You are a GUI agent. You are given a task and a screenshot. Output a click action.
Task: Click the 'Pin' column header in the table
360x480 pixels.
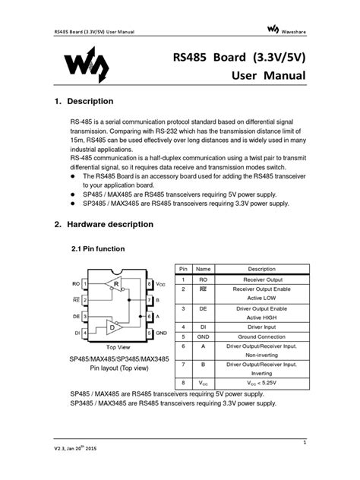tap(183, 270)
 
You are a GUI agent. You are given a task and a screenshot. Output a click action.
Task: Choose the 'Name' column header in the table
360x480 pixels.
tap(203, 270)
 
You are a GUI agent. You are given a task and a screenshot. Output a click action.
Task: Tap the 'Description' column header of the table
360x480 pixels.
tap(261, 270)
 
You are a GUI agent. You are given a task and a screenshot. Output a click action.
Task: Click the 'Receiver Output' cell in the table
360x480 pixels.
tap(261, 279)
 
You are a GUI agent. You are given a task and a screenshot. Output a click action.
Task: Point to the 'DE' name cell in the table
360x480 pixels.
tap(203, 309)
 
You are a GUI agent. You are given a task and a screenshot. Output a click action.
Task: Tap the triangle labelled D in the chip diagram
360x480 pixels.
tap(113, 327)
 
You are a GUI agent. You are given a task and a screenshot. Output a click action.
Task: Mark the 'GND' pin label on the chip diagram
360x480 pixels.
tap(160, 333)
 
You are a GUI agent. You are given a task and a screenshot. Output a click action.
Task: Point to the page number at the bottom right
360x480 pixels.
tap(304, 441)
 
